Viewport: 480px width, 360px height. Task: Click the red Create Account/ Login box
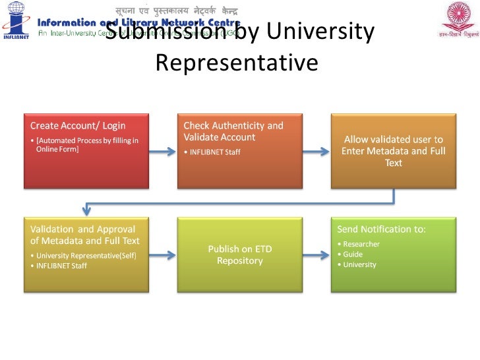pyautogui.click(x=86, y=150)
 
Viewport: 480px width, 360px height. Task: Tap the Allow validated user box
pyautogui.click(x=393, y=150)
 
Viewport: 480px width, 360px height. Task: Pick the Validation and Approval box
pyautogui.click(x=86, y=255)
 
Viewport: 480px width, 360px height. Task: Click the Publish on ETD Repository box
pyautogui.click(x=239, y=255)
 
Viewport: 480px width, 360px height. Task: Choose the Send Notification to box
pyautogui.click(x=393, y=255)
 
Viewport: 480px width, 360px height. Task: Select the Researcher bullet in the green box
pyautogui.click(x=361, y=244)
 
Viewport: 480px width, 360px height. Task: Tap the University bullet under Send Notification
pyautogui.click(x=359, y=264)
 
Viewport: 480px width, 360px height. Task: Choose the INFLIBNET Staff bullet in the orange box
pyautogui.click(x=214, y=152)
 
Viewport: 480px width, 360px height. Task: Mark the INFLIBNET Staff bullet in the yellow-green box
pyautogui.click(x=61, y=266)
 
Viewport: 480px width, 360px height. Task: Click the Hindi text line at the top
pyautogui.click(x=176, y=11)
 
